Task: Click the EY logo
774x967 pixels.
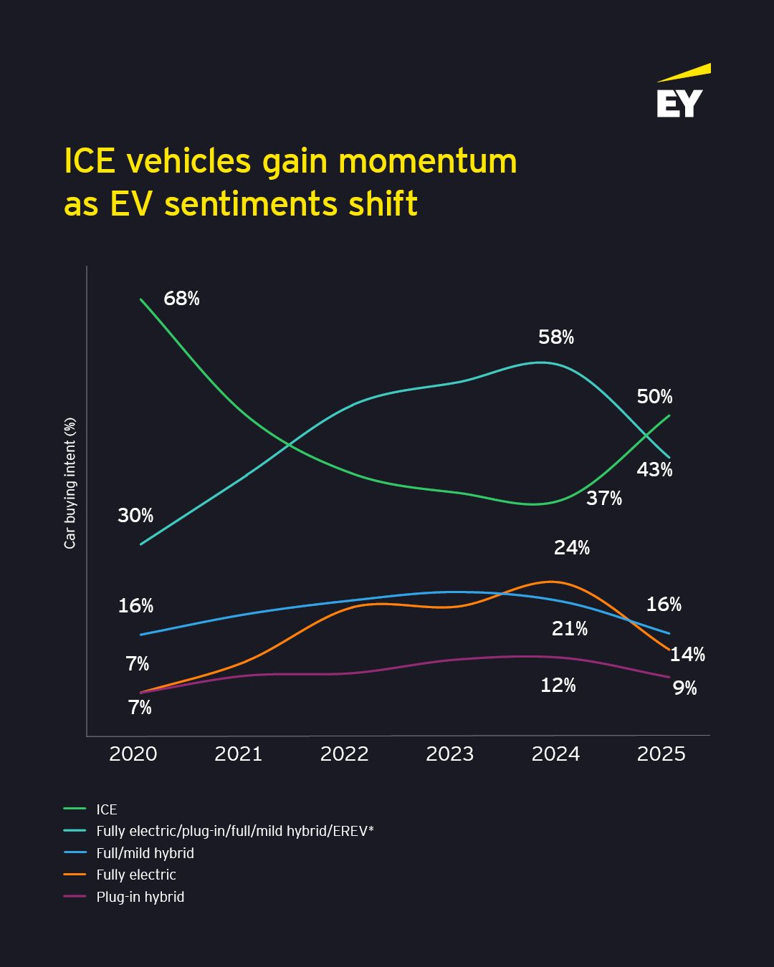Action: (x=680, y=94)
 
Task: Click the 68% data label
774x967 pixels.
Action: (x=181, y=299)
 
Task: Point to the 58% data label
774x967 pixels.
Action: (x=556, y=337)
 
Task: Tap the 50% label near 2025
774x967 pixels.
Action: (x=654, y=397)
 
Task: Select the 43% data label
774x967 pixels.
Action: (x=654, y=470)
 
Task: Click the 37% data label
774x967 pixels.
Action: (x=604, y=499)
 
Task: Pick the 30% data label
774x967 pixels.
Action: (x=135, y=515)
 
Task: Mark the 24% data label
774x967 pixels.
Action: (x=572, y=548)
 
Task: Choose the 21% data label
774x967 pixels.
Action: (x=570, y=629)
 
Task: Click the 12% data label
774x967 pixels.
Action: (x=558, y=685)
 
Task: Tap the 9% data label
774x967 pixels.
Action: (x=685, y=688)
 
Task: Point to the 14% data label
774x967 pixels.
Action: (x=687, y=654)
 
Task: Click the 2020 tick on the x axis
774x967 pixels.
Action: (x=133, y=754)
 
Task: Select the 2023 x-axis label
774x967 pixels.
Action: (x=450, y=754)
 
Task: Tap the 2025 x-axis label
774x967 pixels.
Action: (x=661, y=754)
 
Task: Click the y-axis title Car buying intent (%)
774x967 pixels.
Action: (x=70, y=483)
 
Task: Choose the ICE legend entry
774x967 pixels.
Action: (x=106, y=809)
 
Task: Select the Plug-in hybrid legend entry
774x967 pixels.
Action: (x=140, y=897)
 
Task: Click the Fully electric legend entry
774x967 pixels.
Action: (x=135, y=875)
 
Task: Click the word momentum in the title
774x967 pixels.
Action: (x=428, y=161)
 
